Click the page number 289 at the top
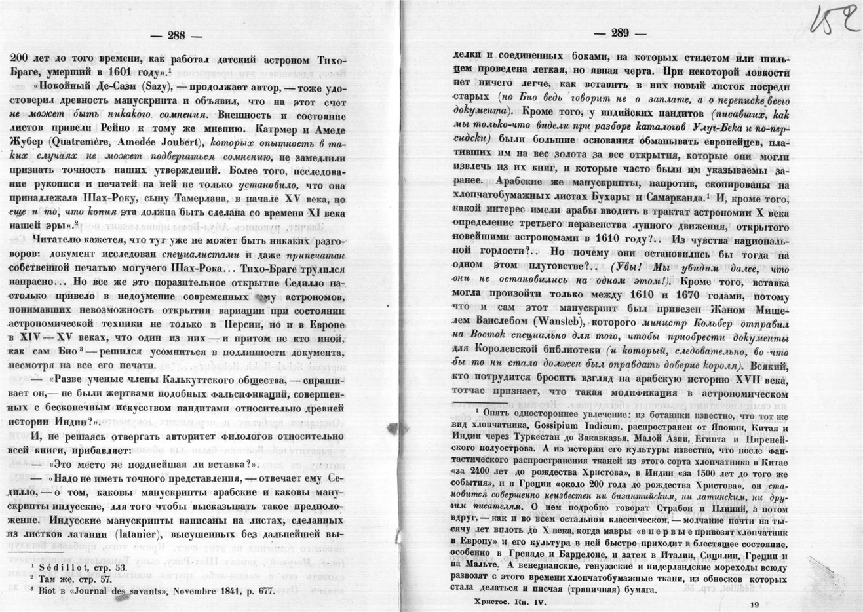[x=619, y=33]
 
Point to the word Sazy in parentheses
[x=161, y=85]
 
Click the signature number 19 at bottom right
[x=756, y=605]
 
